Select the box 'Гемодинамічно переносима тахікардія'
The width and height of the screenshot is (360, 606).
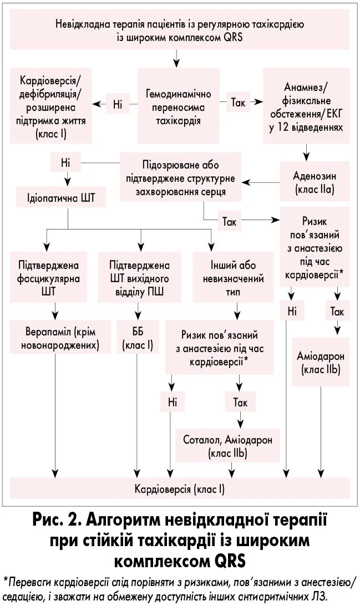pyautogui.click(x=174, y=103)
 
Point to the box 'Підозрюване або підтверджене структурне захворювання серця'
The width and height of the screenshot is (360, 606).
pyautogui.click(x=181, y=180)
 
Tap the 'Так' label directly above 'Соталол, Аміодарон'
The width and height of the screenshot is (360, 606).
pyautogui.click(x=240, y=401)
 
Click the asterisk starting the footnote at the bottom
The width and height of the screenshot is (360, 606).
pyautogui.click(x=6, y=582)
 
